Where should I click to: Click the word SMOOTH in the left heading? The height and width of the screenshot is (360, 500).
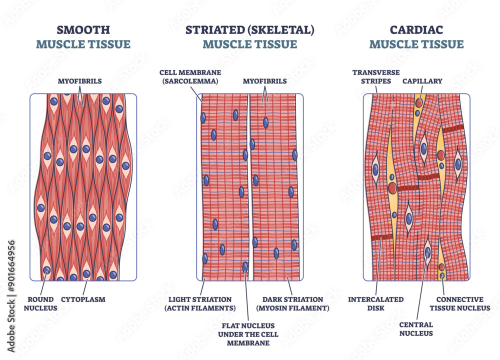(x=83, y=29)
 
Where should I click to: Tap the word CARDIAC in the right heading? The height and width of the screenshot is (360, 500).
(x=416, y=29)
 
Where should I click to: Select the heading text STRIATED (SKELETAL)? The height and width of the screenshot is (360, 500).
(x=250, y=29)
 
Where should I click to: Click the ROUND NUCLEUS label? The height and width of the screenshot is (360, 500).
(x=40, y=304)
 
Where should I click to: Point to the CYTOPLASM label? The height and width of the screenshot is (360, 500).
(x=83, y=299)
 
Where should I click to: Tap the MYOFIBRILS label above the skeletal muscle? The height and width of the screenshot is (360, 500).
(x=264, y=80)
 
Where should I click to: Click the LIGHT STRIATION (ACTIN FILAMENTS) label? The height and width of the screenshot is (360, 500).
(x=200, y=304)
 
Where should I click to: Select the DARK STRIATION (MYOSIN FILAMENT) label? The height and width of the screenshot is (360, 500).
(x=292, y=304)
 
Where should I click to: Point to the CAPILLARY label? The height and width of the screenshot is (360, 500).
(x=423, y=80)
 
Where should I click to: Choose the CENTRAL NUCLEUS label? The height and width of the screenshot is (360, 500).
(x=416, y=329)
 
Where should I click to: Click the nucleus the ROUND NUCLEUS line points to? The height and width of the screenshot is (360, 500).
(x=46, y=270)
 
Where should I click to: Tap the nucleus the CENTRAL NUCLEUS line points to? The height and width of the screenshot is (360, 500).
(x=427, y=251)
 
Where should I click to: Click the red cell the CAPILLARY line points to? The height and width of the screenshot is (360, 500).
(x=419, y=103)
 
